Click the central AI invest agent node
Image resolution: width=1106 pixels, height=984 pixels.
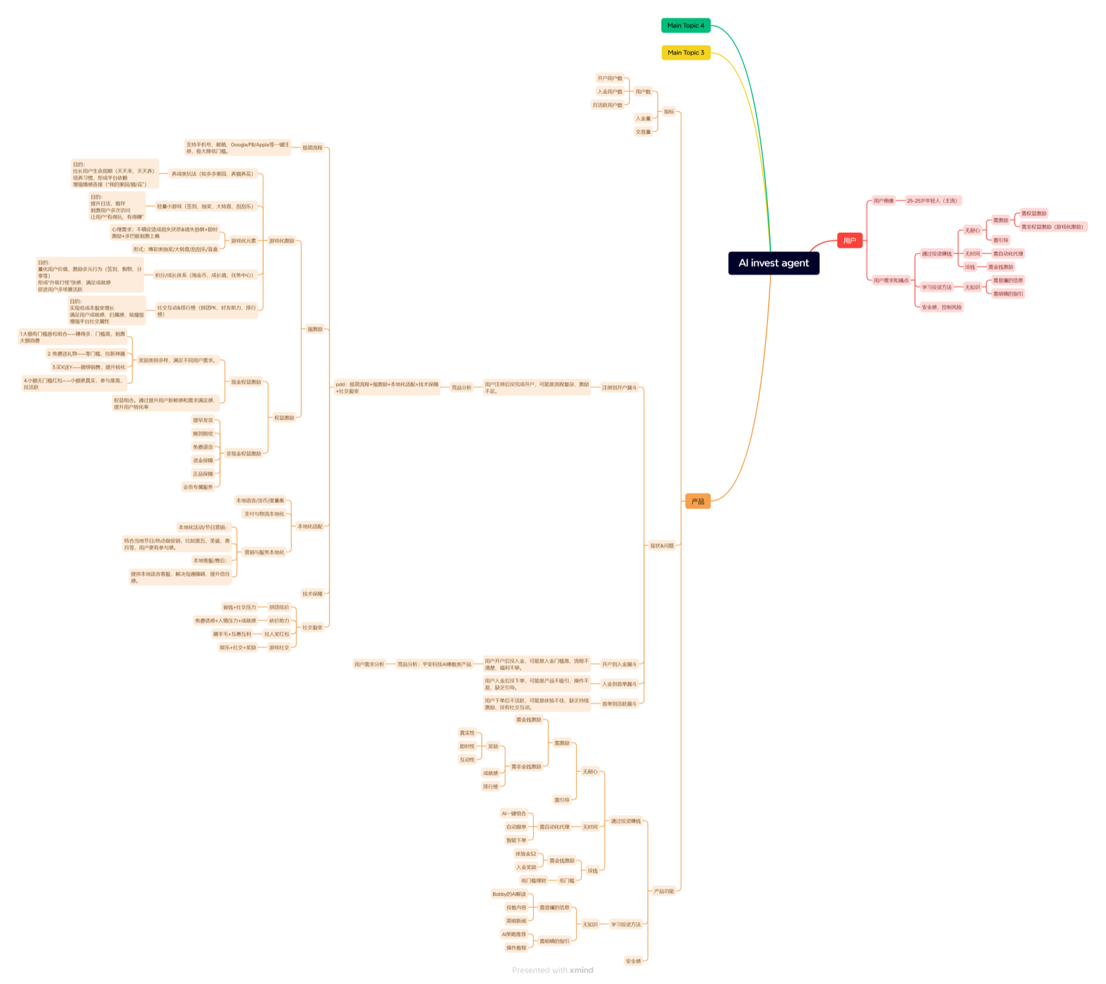tap(773, 263)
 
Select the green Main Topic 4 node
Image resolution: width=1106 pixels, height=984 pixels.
tap(685, 26)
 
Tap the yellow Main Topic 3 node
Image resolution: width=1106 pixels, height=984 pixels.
tap(685, 53)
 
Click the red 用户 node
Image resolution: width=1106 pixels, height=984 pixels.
tap(849, 241)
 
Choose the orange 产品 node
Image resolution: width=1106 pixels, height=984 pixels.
tap(697, 502)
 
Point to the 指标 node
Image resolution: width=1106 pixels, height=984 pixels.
tap(668, 112)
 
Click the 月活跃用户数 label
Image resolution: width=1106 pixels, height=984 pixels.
tap(607, 105)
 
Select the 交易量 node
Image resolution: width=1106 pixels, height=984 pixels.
tap(643, 132)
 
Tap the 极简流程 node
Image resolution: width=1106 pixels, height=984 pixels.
tap(312, 148)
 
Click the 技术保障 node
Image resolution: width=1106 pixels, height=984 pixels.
tap(312, 594)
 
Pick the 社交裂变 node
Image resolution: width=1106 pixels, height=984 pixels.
tap(312, 628)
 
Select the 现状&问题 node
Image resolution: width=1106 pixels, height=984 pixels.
tap(662, 545)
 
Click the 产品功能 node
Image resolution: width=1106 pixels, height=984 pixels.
tap(664, 891)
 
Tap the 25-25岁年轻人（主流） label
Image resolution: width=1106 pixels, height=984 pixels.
tap(932, 201)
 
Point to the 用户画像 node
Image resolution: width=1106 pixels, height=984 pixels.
tap(883, 201)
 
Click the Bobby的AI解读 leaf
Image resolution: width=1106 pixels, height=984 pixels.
tap(509, 894)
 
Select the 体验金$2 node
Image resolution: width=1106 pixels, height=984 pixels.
tap(525, 854)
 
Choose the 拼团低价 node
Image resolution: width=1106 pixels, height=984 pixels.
tap(279, 607)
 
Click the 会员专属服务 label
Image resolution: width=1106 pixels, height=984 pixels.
tap(198, 487)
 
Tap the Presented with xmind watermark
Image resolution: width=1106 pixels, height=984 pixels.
tap(553, 970)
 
